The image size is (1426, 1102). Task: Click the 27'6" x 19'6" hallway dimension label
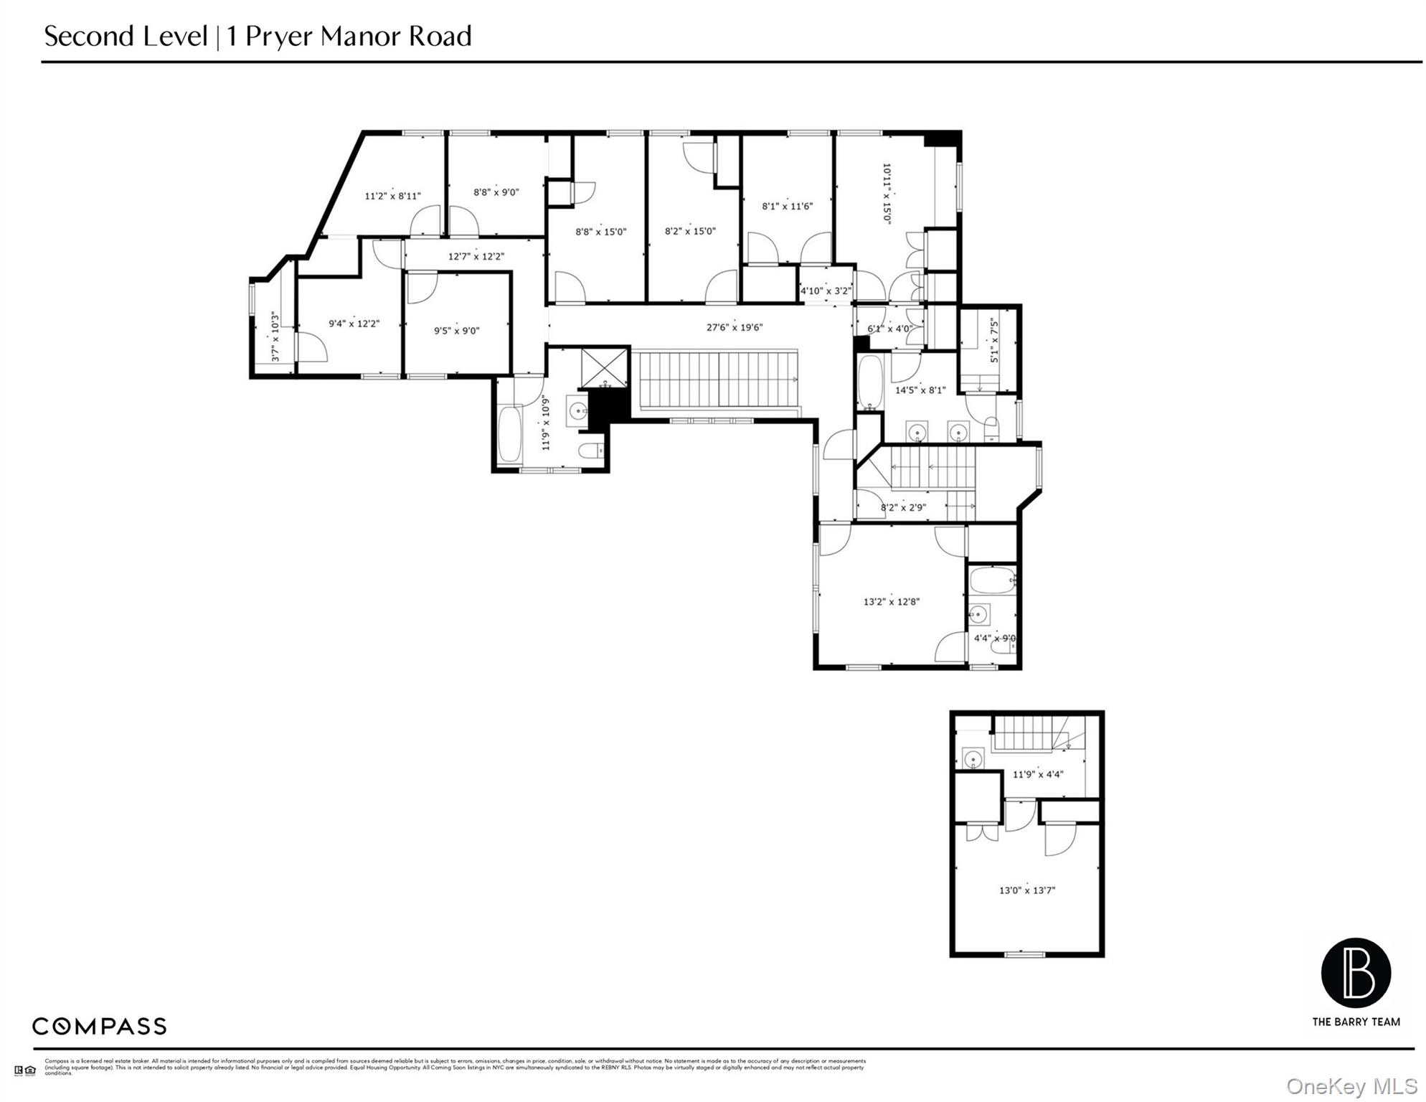click(x=734, y=327)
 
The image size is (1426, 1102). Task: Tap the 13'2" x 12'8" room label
click(x=891, y=601)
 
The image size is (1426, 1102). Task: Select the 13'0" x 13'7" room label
click(x=1026, y=890)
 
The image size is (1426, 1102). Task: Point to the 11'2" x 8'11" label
click(x=392, y=195)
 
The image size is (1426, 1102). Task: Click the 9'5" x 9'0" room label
click(x=456, y=331)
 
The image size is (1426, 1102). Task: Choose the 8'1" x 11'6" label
click(x=787, y=206)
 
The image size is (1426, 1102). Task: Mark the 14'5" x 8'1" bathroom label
click(x=920, y=390)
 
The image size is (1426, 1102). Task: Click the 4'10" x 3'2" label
click(x=825, y=291)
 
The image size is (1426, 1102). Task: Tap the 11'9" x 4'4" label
click(x=1037, y=774)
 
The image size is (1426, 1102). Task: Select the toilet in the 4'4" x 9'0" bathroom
click(x=1002, y=646)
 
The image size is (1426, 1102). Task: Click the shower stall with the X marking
click(x=605, y=367)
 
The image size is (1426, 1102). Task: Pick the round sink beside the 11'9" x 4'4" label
click(x=973, y=758)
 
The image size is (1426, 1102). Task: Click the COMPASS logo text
click(x=99, y=1026)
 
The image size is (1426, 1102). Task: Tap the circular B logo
click(x=1356, y=972)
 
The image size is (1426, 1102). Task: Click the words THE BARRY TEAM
click(x=1356, y=1022)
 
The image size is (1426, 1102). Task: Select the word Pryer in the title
click(x=280, y=36)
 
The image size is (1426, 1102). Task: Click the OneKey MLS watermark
click(x=1351, y=1086)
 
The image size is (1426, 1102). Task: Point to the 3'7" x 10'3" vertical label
click(x=275, y=336)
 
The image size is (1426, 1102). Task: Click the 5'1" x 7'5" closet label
click(x=994, y=341)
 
